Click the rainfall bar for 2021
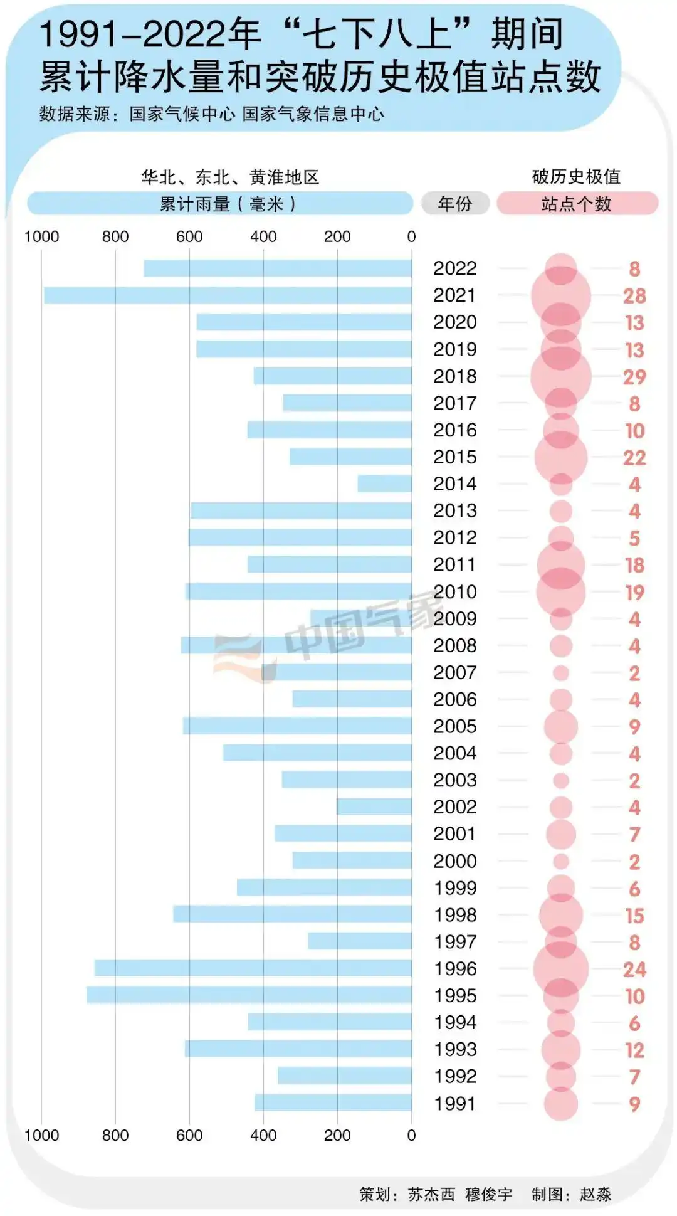pos(228,295)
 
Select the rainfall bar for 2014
pos(384,484)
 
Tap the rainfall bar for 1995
pos(249,995)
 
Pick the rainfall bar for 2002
pos(374,806)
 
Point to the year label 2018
pos(454,376)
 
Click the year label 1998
pos(455,915)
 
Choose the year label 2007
pos(454,672)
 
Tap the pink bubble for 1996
pos(560,968)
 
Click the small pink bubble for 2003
pos(560,780)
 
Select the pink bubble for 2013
pos(560,511)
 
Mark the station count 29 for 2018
pos(634,377)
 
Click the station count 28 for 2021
pos(634,296)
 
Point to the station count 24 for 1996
pos(634,970)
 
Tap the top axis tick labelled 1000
pos(41,236)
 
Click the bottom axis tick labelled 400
pos(263,1135)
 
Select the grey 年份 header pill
pos(455,203)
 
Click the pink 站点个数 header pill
pos(577,203)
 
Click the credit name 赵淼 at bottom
pos(596,1193)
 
